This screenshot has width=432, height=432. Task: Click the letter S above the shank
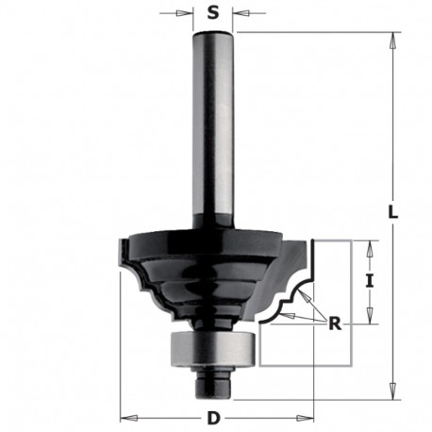(x=212, y=14)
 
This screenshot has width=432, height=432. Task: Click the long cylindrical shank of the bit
(x=212, y=132)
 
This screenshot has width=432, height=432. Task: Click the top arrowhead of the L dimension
(x=388, y=37)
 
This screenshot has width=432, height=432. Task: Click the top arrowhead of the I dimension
(x=372, y=245)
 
